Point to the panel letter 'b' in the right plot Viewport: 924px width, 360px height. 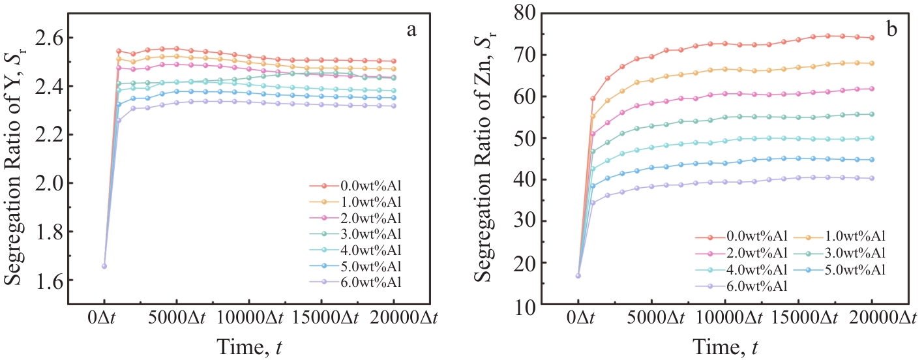click(891, 28)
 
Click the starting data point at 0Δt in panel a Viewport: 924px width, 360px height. click(104, 266)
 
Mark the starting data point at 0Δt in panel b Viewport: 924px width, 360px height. click(578, 276)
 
